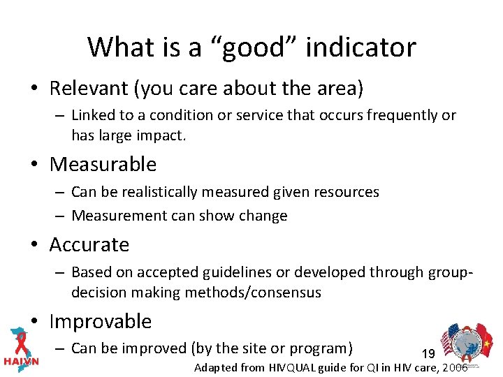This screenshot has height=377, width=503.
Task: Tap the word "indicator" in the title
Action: coord(361,47)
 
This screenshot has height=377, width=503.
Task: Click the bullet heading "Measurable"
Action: coord(103,164)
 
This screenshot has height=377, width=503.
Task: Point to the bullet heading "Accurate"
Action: coord(89,244)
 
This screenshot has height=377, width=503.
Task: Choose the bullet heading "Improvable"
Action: coord(101,321)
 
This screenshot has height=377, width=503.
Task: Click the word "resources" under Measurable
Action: coord(347,191)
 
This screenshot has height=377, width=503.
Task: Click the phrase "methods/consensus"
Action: coord(253,293)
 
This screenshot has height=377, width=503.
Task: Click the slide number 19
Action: coord(428,354)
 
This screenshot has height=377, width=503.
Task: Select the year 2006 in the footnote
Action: coord(454,367)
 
